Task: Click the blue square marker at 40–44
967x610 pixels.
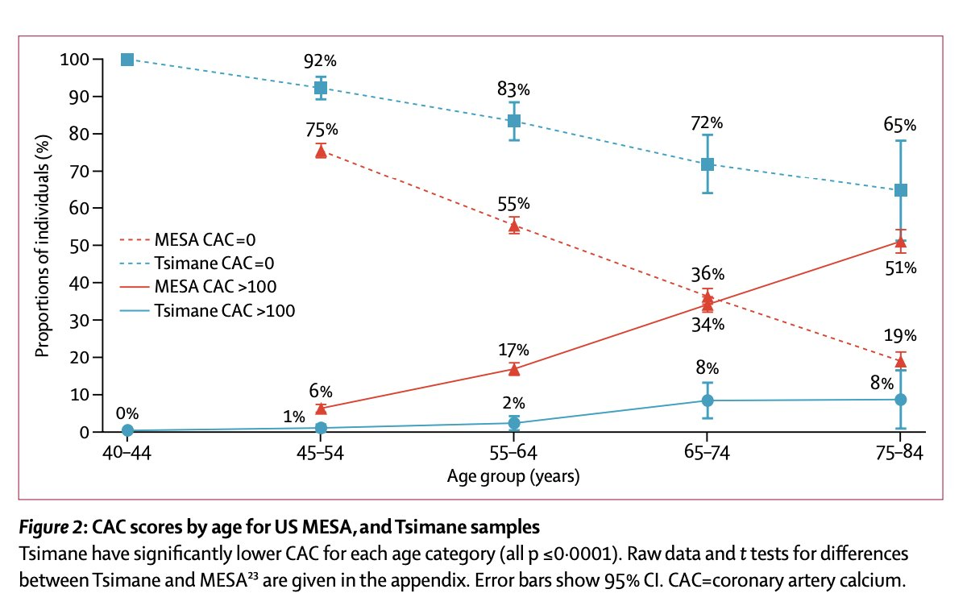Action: [127, 60]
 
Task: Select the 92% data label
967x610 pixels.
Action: [320, 60]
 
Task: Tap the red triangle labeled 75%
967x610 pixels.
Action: [321, 151]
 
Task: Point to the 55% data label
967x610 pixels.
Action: [513, 204]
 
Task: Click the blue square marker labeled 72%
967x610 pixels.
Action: [708, 164]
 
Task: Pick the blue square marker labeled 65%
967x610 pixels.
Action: [901, 190]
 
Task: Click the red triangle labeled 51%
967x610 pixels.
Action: [901, 242]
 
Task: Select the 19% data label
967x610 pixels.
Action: [900, 336]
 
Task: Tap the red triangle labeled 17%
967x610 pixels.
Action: [514, 369]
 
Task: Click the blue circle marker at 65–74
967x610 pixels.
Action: [708, 400]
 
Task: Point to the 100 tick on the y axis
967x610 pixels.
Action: [75, 60]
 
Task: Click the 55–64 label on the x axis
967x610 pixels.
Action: [514, 454]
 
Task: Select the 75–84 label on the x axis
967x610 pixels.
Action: [900, 454]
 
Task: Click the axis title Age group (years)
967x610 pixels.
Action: [513, 477]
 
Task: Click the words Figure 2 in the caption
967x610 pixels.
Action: [52, 529]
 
